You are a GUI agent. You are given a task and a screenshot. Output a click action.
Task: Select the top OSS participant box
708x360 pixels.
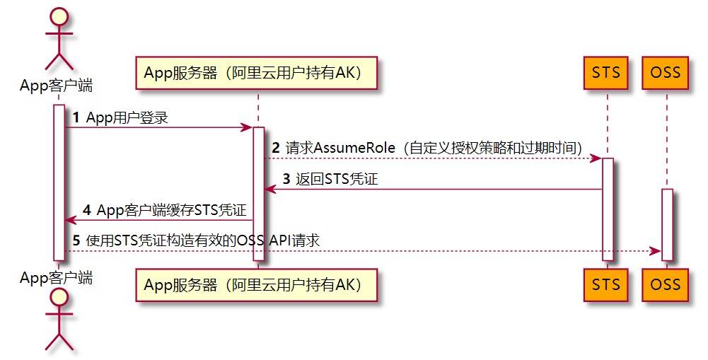pos(666,73)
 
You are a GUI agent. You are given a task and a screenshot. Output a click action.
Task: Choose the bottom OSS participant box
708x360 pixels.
pos(666,284)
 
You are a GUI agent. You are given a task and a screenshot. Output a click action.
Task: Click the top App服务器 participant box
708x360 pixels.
pos(257,73)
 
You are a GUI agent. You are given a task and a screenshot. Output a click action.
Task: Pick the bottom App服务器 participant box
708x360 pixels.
pos(257,284)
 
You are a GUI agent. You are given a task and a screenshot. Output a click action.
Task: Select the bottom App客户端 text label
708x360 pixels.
pos(56,277)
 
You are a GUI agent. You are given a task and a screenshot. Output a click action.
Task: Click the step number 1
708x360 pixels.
pos(75,117)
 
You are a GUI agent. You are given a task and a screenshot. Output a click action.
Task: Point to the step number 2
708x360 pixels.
pos(276,149)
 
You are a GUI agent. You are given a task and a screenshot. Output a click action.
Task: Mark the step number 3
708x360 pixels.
pos(286,180)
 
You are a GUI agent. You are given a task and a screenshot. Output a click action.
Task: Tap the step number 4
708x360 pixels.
pos(87,211)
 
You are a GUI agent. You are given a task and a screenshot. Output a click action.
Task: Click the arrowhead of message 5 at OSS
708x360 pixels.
pos(656,251)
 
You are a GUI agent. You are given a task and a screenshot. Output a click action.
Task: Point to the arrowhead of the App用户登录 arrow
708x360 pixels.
pos(248,127)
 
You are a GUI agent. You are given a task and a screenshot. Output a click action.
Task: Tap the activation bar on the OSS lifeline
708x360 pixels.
pos(666,224)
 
